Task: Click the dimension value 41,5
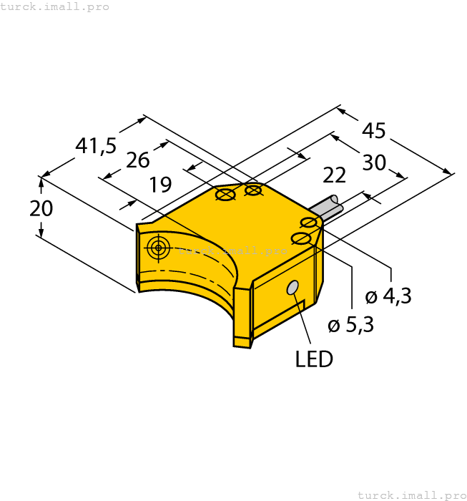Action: click(96, 146)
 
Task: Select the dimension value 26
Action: click(137, 160)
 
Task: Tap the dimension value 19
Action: click(160, 185)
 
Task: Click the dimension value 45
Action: click(373, 131)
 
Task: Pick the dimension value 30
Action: click(373, 162)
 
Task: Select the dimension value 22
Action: click(335, 175)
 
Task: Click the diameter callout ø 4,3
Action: click(388, 296)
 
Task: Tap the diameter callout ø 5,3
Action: click(350, 326)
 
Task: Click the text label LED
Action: click(314, 359)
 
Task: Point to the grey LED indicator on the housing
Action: click(293, 288)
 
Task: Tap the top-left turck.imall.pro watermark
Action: click(55, 6)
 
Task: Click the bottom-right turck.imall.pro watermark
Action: click(411, 495)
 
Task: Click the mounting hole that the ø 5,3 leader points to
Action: click(301, 238)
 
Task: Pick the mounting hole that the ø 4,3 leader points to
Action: click(310, 223)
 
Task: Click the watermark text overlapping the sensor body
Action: click(232, 250)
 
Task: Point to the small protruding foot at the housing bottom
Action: click(242, 341)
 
